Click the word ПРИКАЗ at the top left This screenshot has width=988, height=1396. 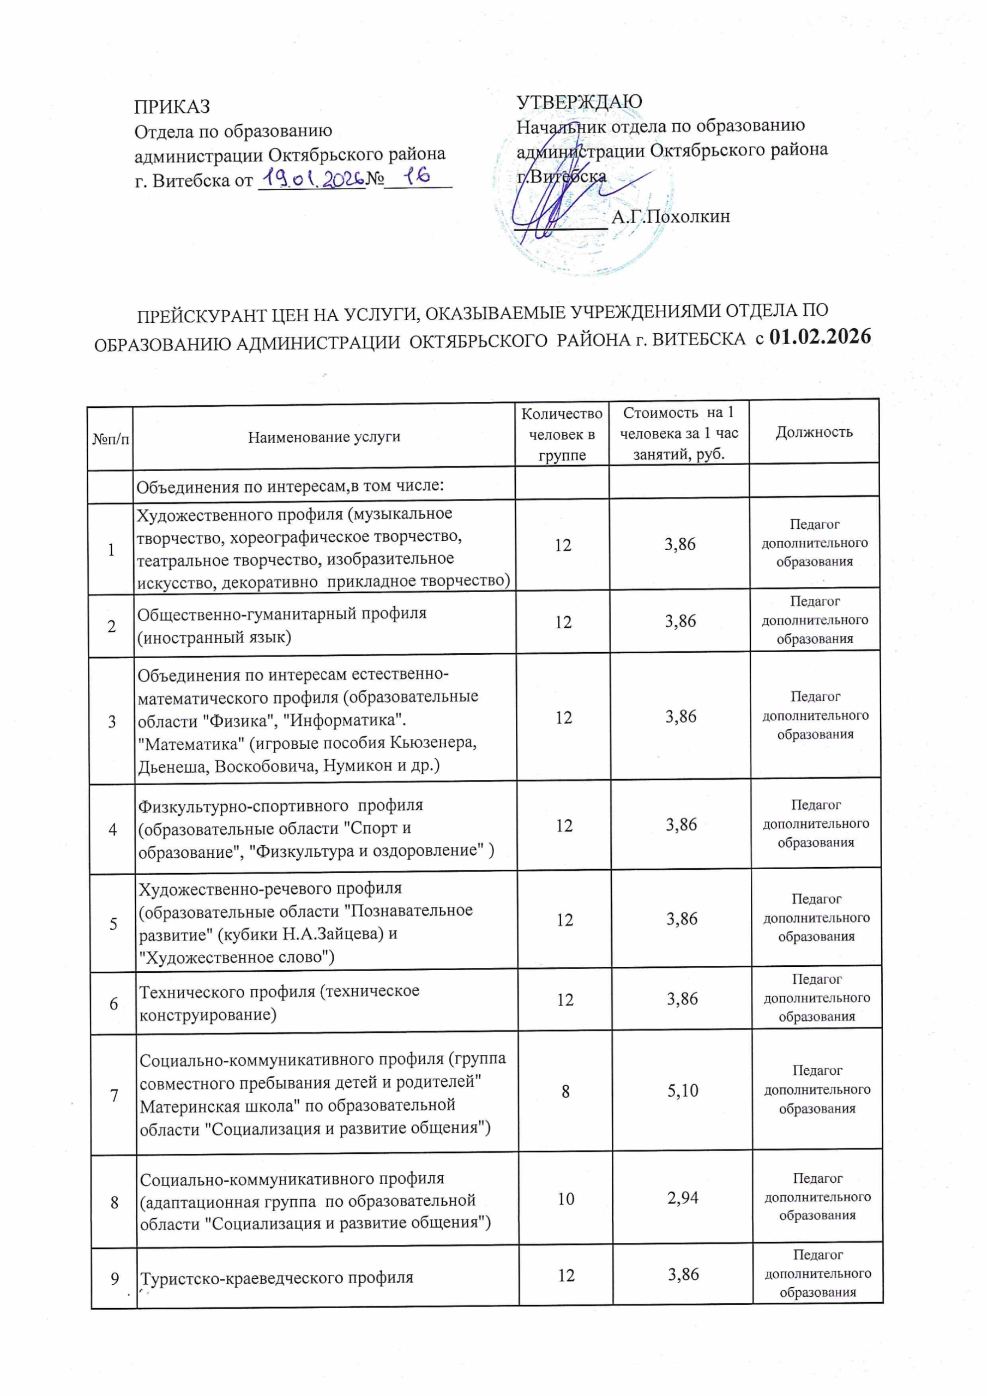(x=172, y=106)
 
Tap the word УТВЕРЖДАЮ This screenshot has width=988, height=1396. (x=579, y=101)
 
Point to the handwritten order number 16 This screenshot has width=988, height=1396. (x=416, y=176)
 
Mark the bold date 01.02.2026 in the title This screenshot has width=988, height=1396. (x=820, y=336)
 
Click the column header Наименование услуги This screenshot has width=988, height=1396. (x=324, y=437)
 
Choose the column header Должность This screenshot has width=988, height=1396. (x=814, y=432)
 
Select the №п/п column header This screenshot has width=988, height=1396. (x=110, y=438)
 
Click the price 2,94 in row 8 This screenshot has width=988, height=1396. (x=683, y=1198)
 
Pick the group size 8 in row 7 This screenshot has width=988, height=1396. (x=566, y=1091)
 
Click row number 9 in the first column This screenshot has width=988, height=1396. (x=115, y=1278)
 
